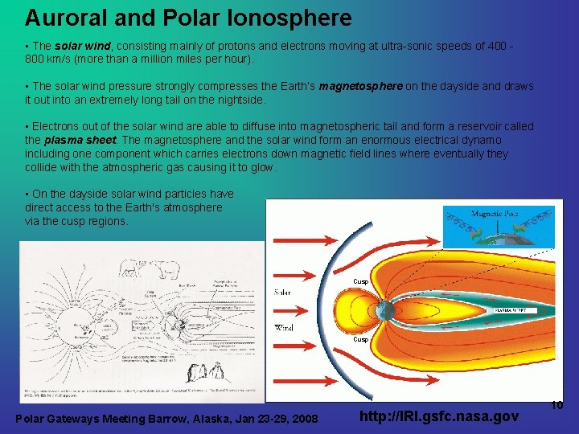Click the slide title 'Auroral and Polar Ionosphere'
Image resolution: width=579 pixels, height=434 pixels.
coord(188,18)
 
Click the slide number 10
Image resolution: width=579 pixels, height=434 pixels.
coord(557,406)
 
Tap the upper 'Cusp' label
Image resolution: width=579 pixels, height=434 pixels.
coord(361,281)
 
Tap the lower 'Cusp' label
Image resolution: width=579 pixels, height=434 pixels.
coord(361,340)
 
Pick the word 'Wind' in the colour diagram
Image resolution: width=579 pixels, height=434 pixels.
coord(285,328)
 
